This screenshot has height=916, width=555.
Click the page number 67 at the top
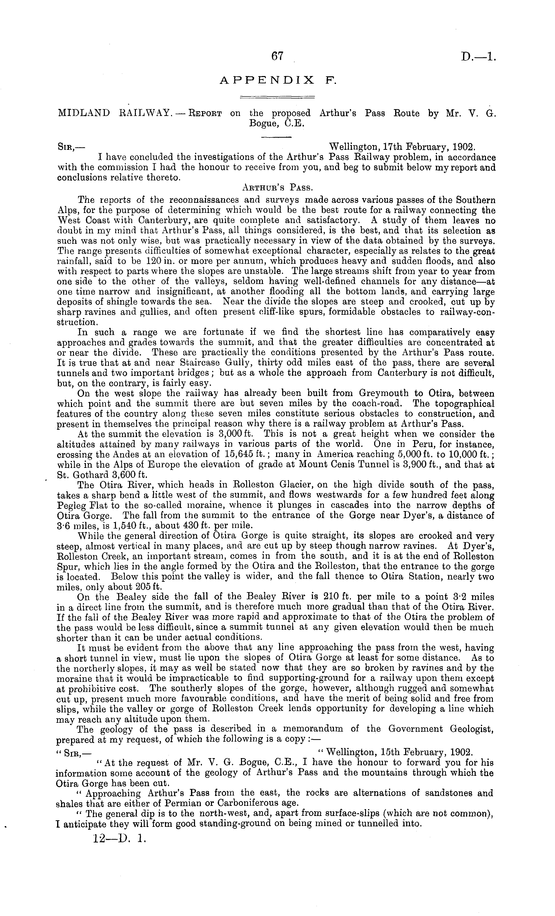(x=277, y=56)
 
